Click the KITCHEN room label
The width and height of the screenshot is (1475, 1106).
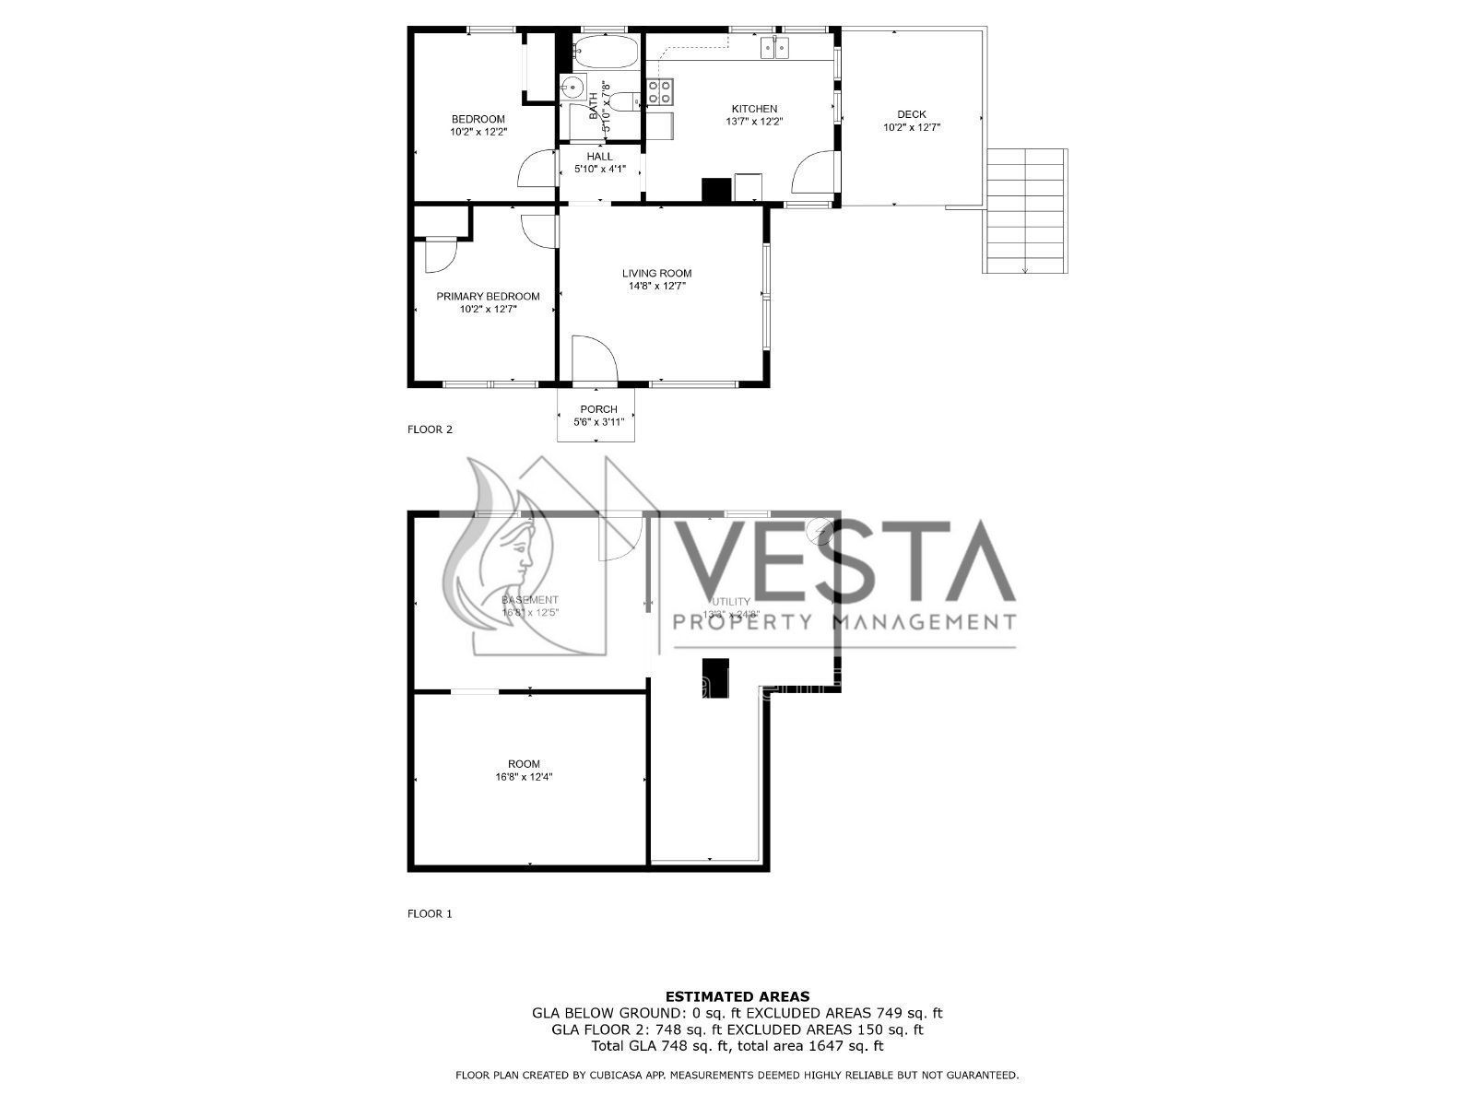coord(754,109)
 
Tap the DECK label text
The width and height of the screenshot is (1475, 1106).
coord(911,114)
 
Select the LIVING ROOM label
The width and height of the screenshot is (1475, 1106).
coord(656,273)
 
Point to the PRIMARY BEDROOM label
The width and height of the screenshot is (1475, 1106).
coord(488,296)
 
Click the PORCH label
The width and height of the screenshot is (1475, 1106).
coord(598,409)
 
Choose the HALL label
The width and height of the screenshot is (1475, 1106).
coord(599,157)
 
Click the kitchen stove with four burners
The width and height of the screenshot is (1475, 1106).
coord(660,91)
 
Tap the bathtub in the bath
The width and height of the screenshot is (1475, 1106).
coord(604,52)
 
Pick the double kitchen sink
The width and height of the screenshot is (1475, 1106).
coord(774,47)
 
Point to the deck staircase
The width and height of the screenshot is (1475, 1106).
coord(1026,211)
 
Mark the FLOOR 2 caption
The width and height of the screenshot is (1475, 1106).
coord(430,429)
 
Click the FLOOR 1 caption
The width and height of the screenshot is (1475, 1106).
coord(430,914)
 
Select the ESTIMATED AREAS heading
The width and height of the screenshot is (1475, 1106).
coord(737,996)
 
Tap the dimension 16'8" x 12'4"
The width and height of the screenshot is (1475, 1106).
coord(524,777)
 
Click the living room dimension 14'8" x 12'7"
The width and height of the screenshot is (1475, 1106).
coord(656,286)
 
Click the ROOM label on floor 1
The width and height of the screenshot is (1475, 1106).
coord(524,764)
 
